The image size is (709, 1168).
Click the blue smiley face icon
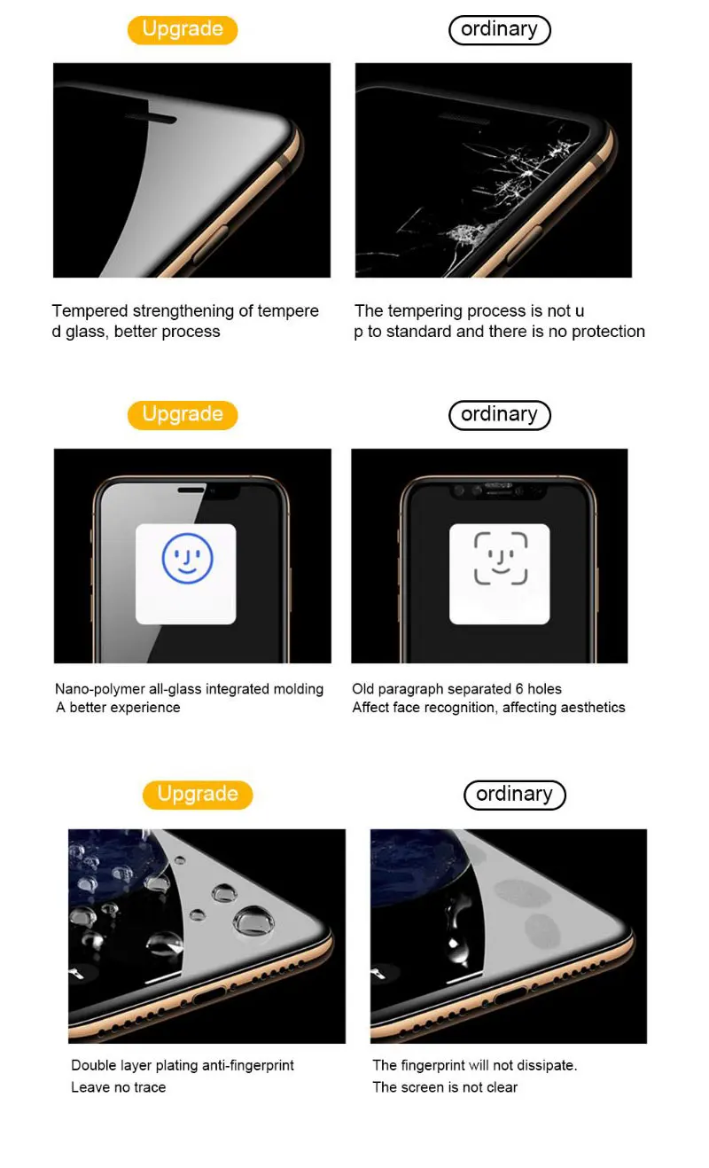187,558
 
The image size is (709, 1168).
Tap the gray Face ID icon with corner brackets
501,558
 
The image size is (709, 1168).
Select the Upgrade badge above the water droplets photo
198,795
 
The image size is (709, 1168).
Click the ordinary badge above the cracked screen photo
499,30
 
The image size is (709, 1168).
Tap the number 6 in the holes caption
519,689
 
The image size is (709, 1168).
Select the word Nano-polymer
100,689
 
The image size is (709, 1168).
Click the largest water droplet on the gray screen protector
253,921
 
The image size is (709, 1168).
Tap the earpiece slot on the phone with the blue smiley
191,490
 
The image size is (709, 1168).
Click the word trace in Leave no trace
150,1087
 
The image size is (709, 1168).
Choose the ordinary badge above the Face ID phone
499,415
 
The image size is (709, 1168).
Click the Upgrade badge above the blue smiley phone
183,415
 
